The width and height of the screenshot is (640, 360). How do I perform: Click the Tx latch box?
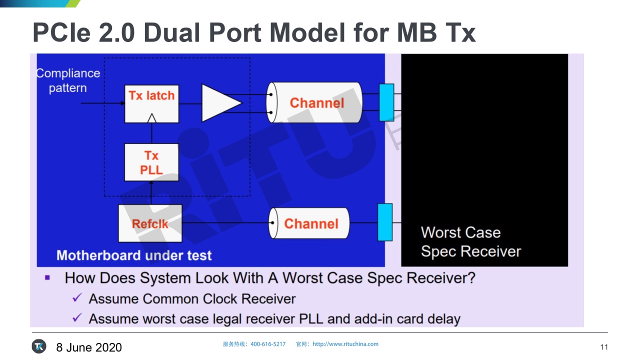151,103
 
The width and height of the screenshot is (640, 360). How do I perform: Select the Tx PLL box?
151,162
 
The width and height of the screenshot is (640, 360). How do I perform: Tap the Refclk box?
150,223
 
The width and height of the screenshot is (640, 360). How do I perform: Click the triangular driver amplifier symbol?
220,103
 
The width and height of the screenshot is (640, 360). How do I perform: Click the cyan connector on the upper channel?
386,102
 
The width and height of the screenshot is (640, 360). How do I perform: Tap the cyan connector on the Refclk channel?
385,222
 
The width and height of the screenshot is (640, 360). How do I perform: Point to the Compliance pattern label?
68,80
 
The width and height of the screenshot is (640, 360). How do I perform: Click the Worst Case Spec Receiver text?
470,242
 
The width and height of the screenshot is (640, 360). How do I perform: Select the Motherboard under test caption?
134,255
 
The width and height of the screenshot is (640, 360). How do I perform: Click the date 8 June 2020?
89,347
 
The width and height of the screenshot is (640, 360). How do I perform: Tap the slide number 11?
604,347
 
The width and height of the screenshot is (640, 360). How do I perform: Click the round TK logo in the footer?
39,346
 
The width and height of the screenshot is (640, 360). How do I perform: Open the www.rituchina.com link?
345,344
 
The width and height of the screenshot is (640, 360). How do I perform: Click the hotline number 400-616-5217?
268,344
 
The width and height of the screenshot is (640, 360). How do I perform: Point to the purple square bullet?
47,277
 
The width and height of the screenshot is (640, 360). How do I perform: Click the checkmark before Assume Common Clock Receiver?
77,298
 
